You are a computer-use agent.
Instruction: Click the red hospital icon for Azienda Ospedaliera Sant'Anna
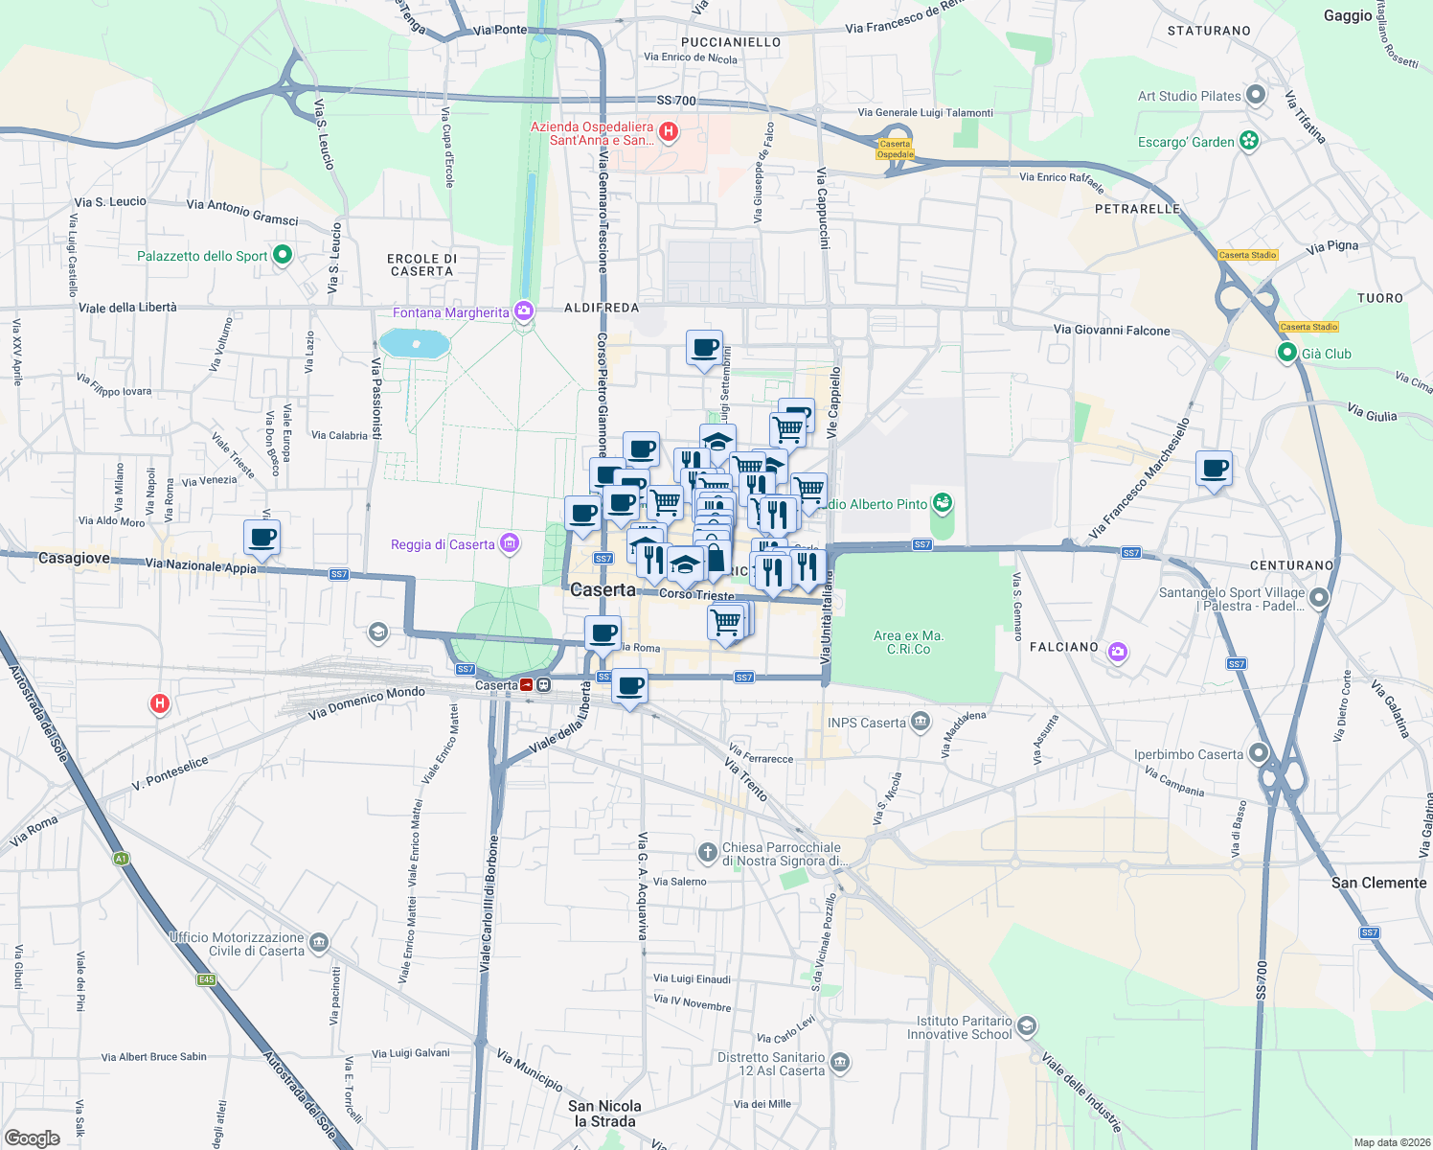click(669, 132)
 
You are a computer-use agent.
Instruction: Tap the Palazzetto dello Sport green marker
click(283, 255)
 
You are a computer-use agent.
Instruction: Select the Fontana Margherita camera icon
click(523, 311)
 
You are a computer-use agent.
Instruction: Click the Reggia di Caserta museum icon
click(510, 544)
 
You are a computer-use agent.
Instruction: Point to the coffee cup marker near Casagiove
click(262, 537)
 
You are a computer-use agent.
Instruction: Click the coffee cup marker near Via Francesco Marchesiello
click(1214, 469)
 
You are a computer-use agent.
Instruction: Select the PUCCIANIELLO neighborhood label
click(730, 42)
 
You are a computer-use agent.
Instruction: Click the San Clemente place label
click(1378, 883)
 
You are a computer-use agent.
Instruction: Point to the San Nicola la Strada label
click(604, 1114)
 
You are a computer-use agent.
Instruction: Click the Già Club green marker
click(1288, 354)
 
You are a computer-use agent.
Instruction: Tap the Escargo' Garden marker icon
click(1249, 141)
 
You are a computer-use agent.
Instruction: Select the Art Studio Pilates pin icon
click(1256, 96)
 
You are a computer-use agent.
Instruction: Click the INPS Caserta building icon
click(920, 722)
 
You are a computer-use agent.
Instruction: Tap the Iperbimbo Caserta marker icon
click(1259, 754)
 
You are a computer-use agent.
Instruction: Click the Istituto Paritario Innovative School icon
click(1026, 1027)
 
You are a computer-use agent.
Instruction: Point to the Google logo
click(32, 1138)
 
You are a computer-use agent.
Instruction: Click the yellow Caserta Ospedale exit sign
click(896, 149)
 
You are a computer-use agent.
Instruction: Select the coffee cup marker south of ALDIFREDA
click(704, 348)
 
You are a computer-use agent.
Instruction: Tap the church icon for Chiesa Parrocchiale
click(707, 852)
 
